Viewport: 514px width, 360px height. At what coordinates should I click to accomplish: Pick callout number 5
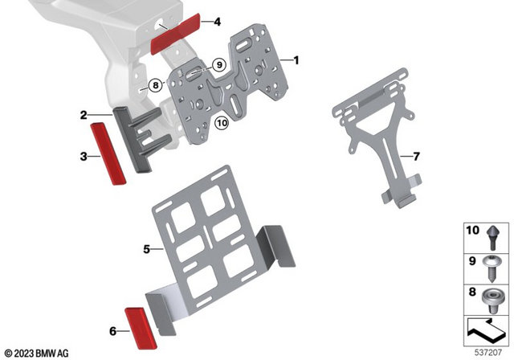(147, 249)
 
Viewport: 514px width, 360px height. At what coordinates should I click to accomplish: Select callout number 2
(84, 115)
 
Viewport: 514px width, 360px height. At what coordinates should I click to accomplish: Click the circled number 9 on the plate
(217, 63)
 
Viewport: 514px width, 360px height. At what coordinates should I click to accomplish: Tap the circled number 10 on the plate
(222, 123)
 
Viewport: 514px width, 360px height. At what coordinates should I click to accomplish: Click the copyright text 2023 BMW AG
(36, 352)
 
